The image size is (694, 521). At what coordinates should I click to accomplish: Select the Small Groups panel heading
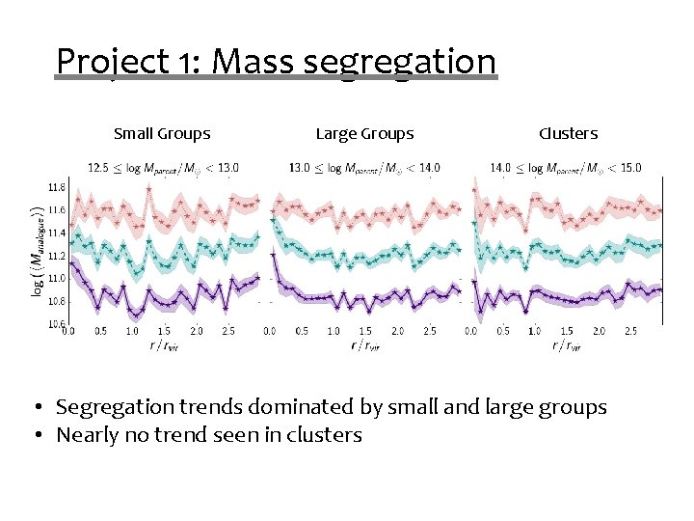coord(162,134)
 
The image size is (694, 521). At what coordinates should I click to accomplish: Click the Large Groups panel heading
coord(364,134)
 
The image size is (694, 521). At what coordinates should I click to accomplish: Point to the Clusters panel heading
coord(568,134)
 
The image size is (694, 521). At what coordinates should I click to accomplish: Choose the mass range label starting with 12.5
coord(164,168)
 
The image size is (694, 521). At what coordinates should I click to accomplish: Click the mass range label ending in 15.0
coord(566,168)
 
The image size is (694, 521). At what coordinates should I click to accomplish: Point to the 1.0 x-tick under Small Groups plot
coord(132,332)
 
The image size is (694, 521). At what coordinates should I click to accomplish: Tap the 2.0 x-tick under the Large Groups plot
coord(397,332)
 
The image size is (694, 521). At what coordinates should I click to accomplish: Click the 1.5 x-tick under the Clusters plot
coord(567,332)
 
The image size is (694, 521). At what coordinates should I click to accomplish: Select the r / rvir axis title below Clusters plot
coord(567,345)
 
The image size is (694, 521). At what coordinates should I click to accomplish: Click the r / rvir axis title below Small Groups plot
coord(164,345)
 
